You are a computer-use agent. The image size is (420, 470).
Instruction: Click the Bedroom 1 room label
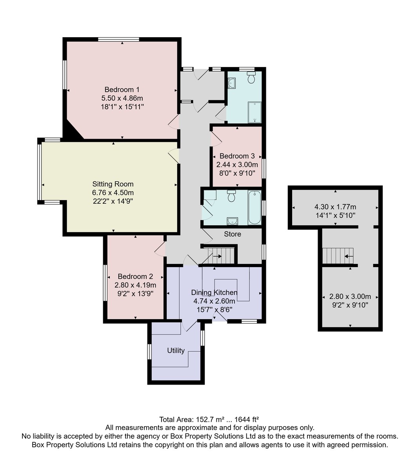tap(122, 90)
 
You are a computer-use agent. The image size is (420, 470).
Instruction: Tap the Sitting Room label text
tap(113, 184)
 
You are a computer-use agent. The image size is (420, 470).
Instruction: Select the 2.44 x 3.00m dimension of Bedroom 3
tap(237, 165)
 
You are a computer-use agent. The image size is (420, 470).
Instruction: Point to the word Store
tap(232, 234)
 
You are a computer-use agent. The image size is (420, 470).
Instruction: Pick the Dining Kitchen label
tap(214, 293)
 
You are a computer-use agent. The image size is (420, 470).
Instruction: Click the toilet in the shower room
tap(251, 77)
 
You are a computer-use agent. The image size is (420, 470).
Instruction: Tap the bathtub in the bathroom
tap(255, 208)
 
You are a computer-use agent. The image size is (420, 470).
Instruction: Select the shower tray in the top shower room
tap(255, 112)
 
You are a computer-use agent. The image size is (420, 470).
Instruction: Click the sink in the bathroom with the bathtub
tap(232, 221)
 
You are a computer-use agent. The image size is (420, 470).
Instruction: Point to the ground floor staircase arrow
tap(217, 256)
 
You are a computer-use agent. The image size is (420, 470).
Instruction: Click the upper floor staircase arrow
tap(349, 256)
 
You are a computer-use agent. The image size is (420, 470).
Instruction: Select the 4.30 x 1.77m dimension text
tap(335, 207)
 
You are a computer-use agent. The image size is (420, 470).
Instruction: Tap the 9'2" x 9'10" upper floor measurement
tap(350, 305)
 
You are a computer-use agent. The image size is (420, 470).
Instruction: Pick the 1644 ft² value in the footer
tap(247, 419)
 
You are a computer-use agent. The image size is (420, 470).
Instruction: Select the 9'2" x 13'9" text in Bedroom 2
tap(135, 294)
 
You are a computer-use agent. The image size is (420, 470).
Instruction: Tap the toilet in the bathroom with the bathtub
tap(231, 196)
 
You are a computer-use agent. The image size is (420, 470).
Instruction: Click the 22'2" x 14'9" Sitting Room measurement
tap(113, 201)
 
